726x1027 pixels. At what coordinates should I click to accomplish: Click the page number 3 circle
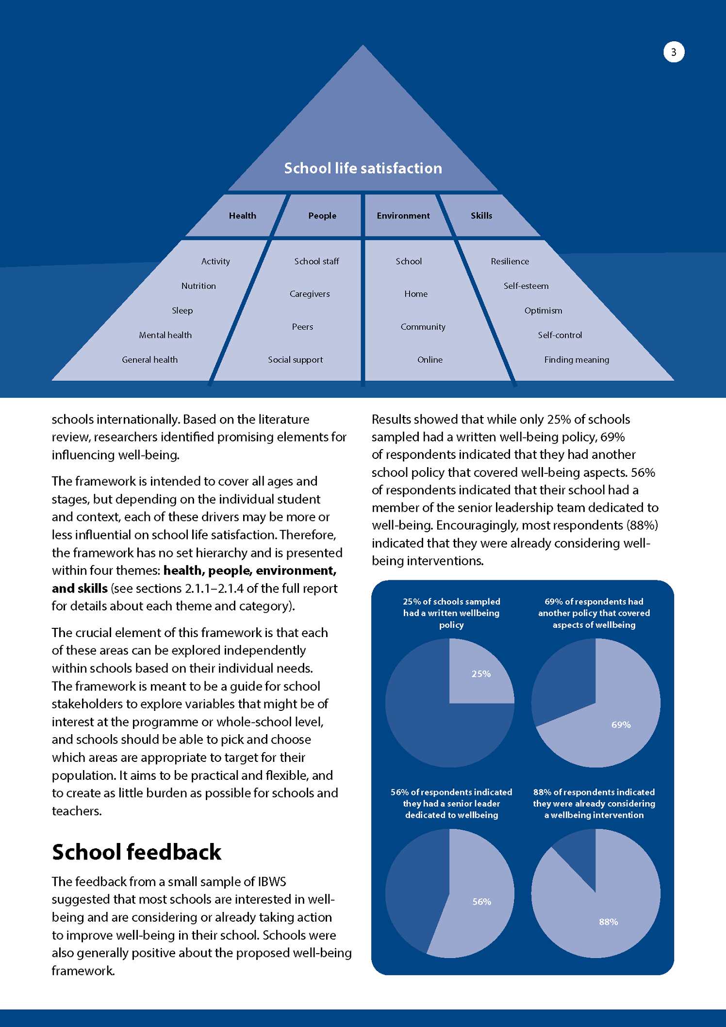[x=674, y=52]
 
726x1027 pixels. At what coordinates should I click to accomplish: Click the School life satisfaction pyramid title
[x=363, y=168]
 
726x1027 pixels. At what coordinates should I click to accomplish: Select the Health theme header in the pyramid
[x=242, y=216]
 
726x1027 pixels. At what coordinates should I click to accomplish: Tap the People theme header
[x=322, y=216]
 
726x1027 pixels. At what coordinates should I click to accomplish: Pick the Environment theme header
[x=403, y=216]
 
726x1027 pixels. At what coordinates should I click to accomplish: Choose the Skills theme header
[x=481, y=216]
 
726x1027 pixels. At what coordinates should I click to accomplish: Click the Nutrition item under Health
[x=198, y=286]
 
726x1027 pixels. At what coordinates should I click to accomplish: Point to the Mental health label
[x=165, y=335]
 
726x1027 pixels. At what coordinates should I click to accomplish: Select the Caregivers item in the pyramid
[x=310, y=294]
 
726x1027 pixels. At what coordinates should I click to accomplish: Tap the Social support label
[x=295, y=360]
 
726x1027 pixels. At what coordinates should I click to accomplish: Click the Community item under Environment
[x=423, y=327]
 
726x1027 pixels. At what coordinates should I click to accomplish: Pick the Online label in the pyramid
[x=430, y=360]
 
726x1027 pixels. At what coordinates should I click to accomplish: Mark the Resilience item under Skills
[x=510, y=261]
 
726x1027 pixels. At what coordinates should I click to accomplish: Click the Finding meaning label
[x=577, y=360]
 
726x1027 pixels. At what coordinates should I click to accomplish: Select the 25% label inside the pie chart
[x=481, y=674]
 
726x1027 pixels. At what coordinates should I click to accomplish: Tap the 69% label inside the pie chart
[x=621, y=725]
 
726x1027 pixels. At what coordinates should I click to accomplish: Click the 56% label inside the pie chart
[x=482, y=902]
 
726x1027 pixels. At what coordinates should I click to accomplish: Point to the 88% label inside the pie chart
[x=608, y=922]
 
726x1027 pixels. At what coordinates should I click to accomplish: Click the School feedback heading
[x=136, y=852]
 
